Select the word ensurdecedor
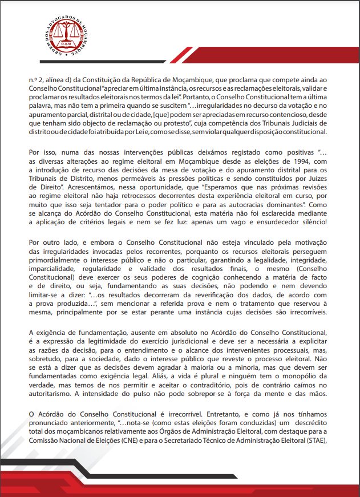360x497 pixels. coord(267,221)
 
